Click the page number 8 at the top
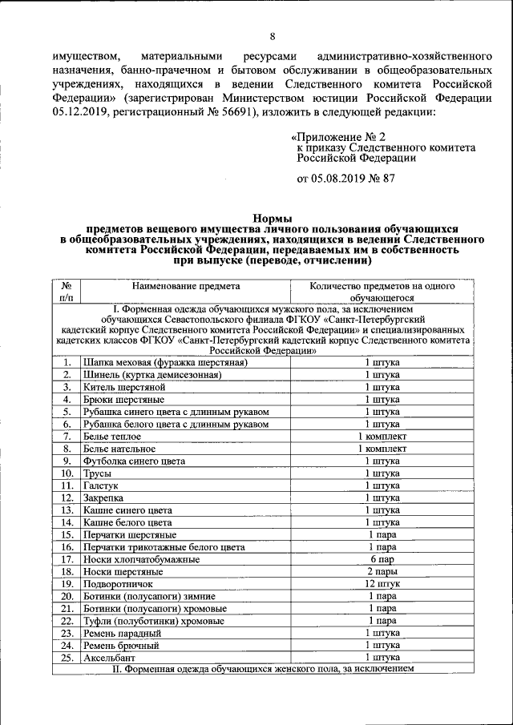[x=272, y=37]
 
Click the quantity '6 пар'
[x=382, y=558]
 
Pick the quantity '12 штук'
[x=382, y=583]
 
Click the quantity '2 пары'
[x=382, y=571]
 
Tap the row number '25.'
[x=67, y=657]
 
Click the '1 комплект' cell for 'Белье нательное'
[x=382, y=449]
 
